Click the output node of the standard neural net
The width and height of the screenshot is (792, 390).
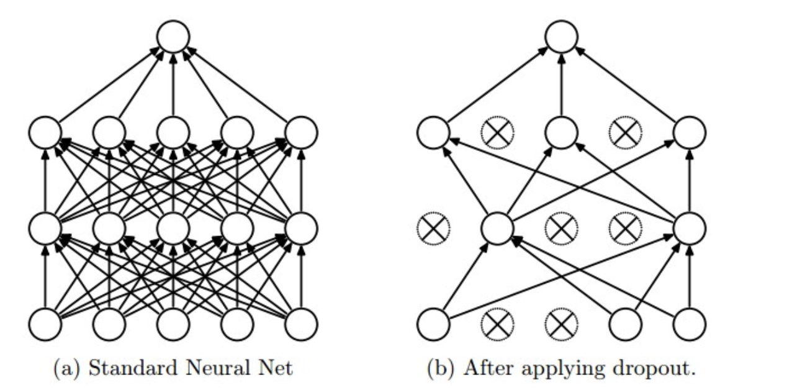point(173,36)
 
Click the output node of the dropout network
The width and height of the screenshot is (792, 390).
point(561,36)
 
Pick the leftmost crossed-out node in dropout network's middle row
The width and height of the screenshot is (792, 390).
point(433,229)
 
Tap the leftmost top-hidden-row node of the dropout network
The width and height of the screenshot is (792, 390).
point(433,132)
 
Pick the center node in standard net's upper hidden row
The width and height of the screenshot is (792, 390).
point(173,132)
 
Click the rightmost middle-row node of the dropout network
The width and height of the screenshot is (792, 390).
point(689,229)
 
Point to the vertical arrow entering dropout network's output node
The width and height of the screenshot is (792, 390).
point(561,84)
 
